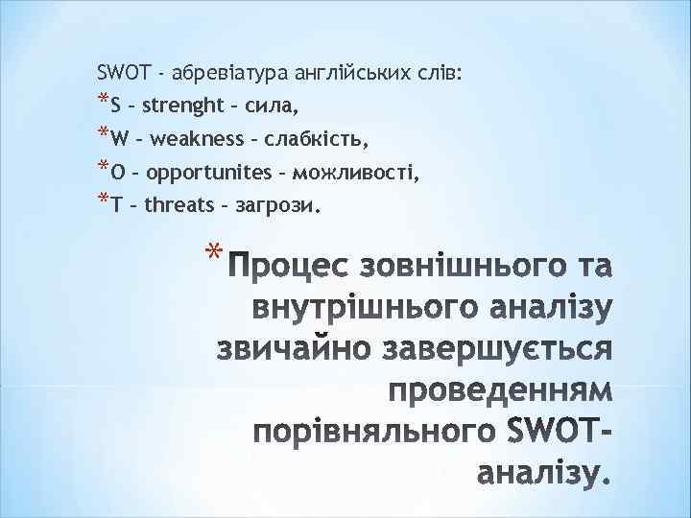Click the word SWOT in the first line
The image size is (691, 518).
click(x=120, y=72)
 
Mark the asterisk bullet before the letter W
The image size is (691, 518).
click(x=103, y=133)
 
